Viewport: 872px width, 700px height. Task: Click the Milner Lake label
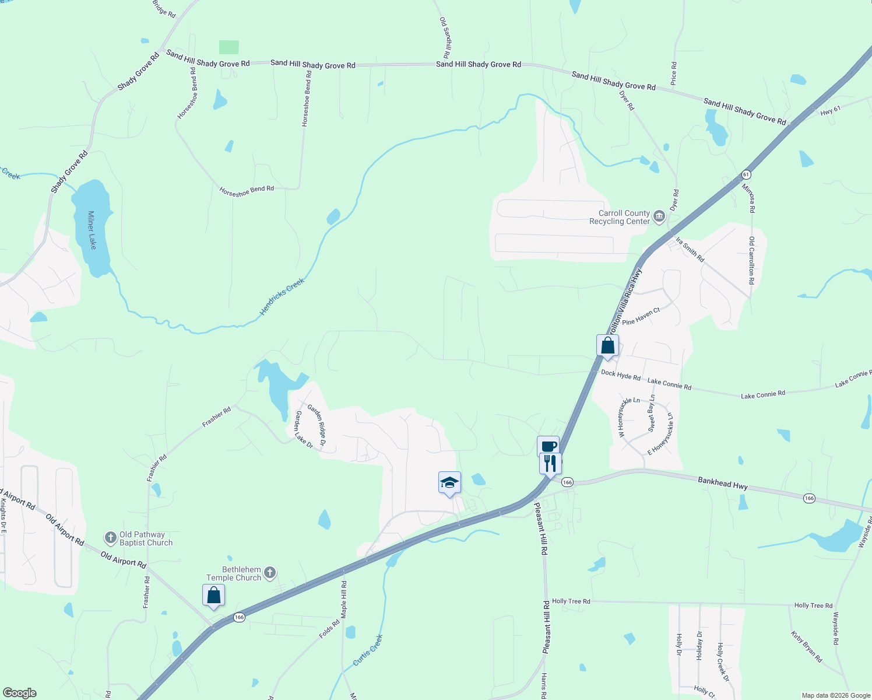[x=92, y=230]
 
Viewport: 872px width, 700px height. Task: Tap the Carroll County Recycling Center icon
[x=659, y=217]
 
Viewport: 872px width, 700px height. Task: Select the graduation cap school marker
[x=449, y=483]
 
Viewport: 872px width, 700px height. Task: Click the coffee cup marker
[x=548, y=447]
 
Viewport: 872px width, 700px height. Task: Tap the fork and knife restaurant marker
[x=550, y=464]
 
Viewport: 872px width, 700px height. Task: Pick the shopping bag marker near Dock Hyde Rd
[x=607, y=345]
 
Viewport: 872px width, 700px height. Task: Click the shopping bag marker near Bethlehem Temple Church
[x=213, y=596]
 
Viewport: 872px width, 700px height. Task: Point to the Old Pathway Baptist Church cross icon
[x=110, y=537]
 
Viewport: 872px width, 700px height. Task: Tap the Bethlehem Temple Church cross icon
[x=269, y=573]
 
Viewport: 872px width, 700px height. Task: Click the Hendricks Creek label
[x=282, y=297]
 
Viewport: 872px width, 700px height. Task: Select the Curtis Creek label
[x=368, y=650]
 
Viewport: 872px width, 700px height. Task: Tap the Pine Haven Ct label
[x=641, y=316]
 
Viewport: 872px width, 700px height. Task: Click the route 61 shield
[x=746, y=174]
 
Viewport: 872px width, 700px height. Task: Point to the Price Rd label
[x=674, y=73]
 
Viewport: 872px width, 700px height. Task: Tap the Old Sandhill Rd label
[x=445, y=37]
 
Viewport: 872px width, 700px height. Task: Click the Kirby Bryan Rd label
[x=807, y=646]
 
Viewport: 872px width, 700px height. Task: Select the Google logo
[x=19, y=693]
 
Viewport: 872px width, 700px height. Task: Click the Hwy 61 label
[x=830, y=109]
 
